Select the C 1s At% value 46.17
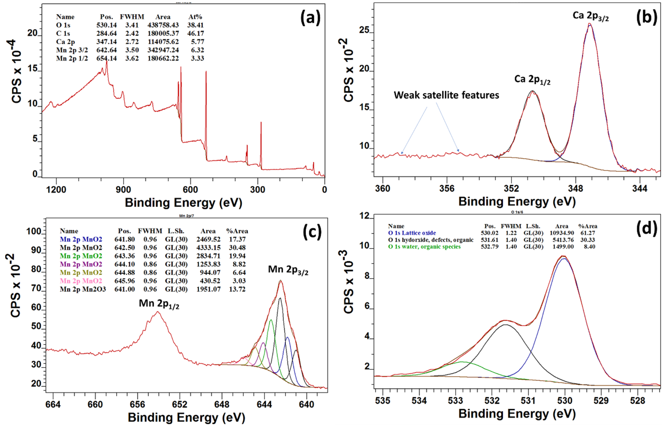[196, 33]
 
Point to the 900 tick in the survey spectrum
[123, 190]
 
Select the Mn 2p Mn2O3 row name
[83, 289]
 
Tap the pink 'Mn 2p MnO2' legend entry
[81, 281]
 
